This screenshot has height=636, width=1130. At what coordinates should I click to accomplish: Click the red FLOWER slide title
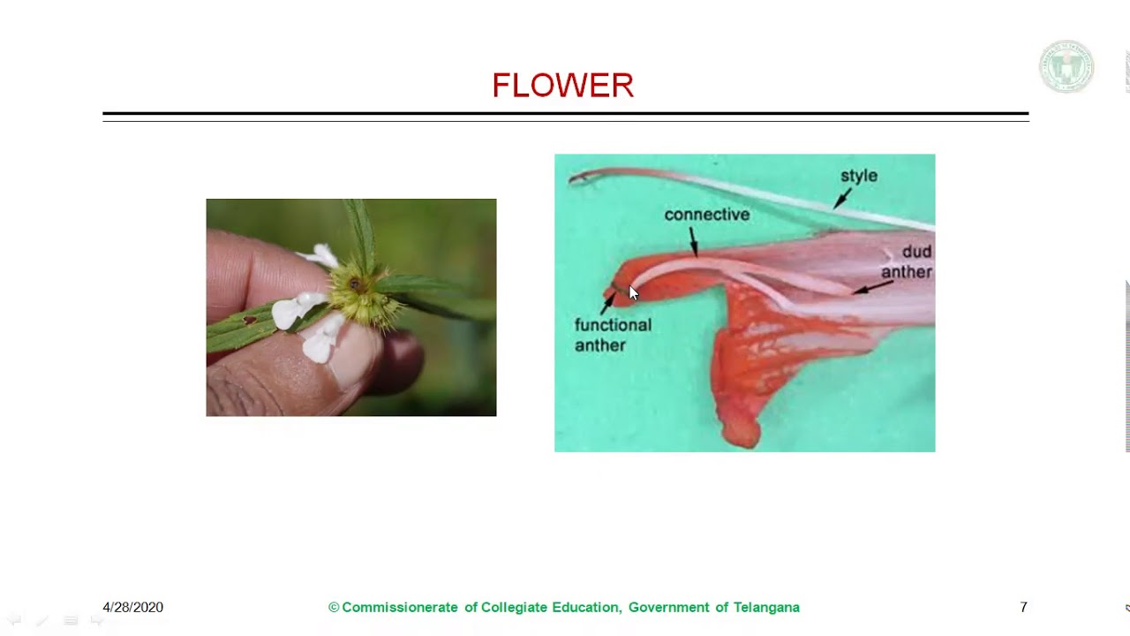562,86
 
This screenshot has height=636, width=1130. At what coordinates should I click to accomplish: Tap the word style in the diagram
858,176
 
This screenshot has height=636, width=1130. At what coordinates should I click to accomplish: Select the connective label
706,215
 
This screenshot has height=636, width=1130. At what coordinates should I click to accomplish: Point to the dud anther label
907,261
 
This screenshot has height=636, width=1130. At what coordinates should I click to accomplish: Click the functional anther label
612,335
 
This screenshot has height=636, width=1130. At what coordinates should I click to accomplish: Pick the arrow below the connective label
694,241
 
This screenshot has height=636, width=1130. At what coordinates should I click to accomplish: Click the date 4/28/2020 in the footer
132,608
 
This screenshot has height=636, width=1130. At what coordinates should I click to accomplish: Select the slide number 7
1023,608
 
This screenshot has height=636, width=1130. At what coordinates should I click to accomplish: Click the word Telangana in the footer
766,608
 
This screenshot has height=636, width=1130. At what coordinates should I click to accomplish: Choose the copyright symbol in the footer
334,608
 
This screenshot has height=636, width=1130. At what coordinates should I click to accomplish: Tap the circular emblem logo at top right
1066,67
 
